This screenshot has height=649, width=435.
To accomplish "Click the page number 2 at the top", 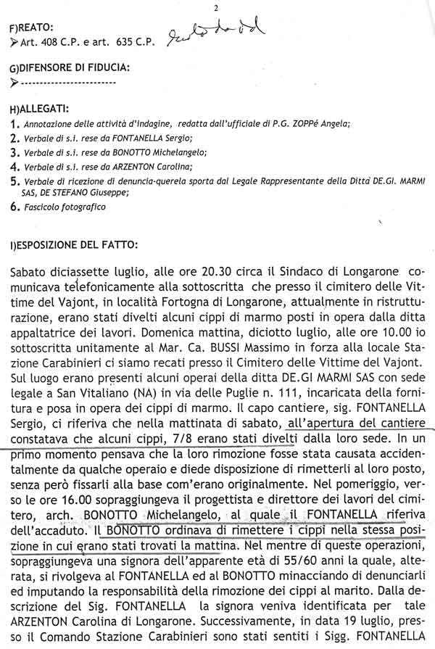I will pos(216,7).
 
